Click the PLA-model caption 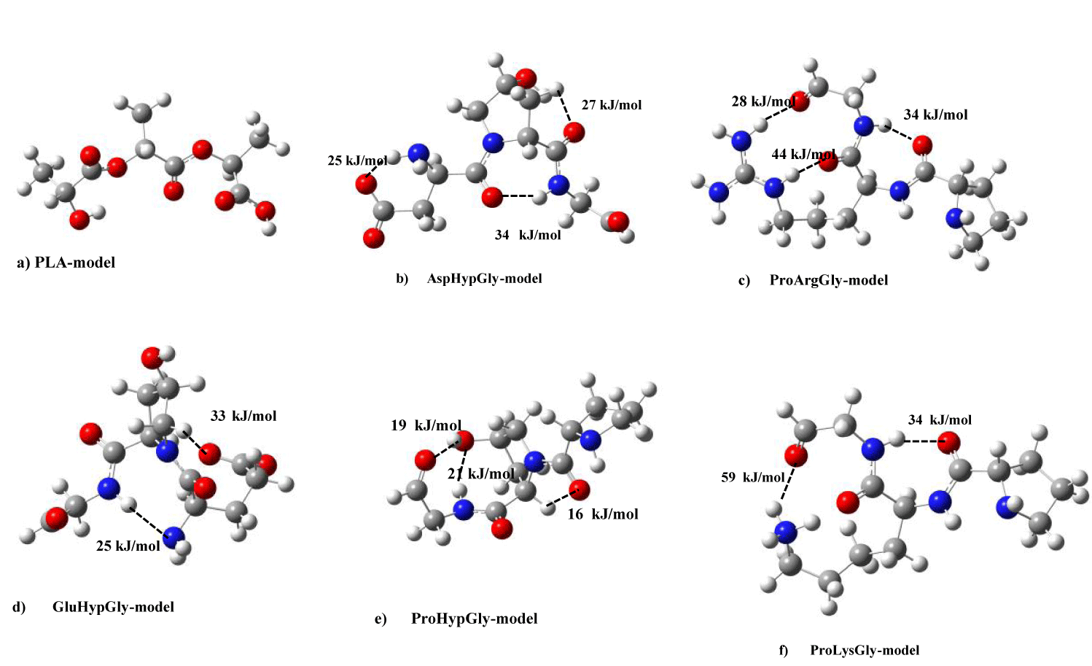(66, 263)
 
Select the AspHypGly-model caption (469, 279)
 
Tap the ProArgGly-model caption (813, 280)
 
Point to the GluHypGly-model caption (93, 607)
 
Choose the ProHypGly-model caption (456, 619)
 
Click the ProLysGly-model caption (849, 651)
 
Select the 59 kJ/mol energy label (753, 477)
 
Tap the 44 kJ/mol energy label (803, 155)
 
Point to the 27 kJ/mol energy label (612, 105)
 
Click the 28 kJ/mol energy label (763, 101)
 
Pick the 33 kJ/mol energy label (243, 417)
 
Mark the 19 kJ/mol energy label (426, 425)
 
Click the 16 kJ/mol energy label (603, 514)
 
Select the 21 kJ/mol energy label (480, 473)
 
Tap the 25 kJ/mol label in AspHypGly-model (357, 160)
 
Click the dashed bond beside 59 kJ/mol (788, 484)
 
